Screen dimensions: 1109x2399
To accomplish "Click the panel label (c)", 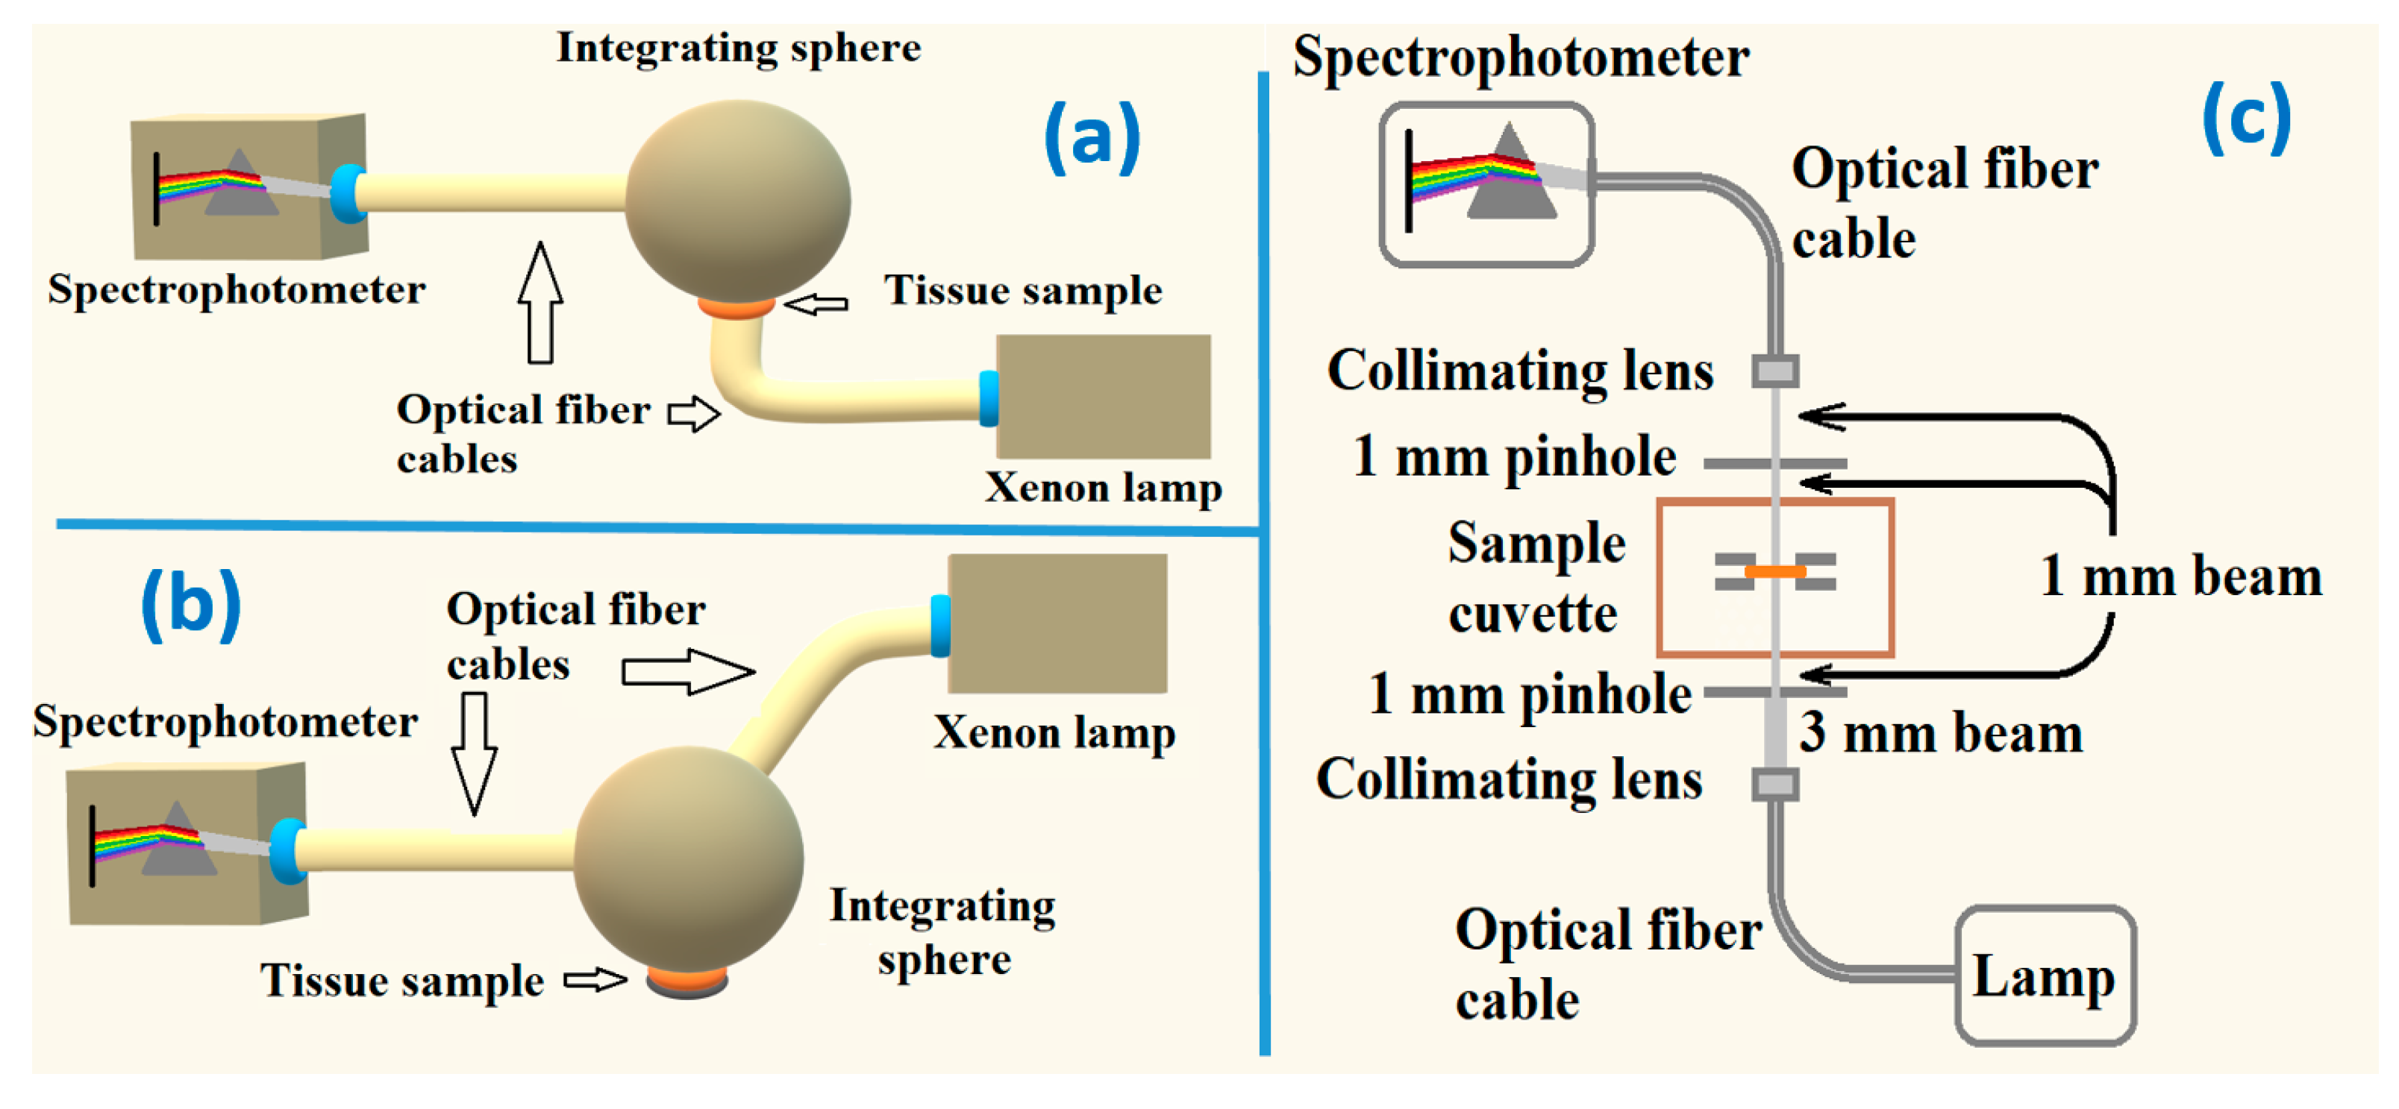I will point(2245,119).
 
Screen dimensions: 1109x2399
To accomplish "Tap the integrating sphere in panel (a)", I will point(736,200).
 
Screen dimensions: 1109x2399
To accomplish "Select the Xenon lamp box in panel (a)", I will point(1104,396).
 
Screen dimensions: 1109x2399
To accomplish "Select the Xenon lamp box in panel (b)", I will point(1057,623).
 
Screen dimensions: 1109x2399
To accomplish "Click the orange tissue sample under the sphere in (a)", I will point(736,308).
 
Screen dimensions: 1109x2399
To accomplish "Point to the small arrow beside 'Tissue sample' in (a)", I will point(816,304).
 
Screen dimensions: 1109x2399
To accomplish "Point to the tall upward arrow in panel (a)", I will point(540,302).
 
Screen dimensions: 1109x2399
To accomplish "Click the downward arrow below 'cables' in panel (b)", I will point(474,753).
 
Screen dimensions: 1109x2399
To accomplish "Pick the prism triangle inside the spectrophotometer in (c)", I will point(1510,177).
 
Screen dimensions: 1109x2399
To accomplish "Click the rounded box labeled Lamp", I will point(2044,975).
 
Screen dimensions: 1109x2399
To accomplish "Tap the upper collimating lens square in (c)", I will point(1775,371).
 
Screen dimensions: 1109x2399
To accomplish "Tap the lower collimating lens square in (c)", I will point(1775,783).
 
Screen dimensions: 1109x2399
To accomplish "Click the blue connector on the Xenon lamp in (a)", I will point(988,398).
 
